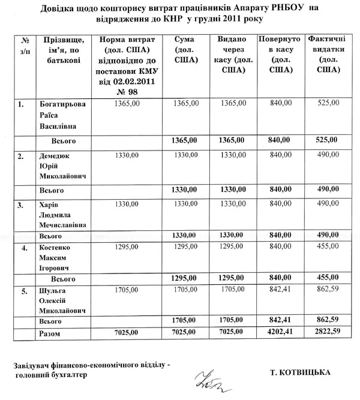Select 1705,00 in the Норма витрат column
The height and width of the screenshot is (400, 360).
(x=130, y=290)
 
